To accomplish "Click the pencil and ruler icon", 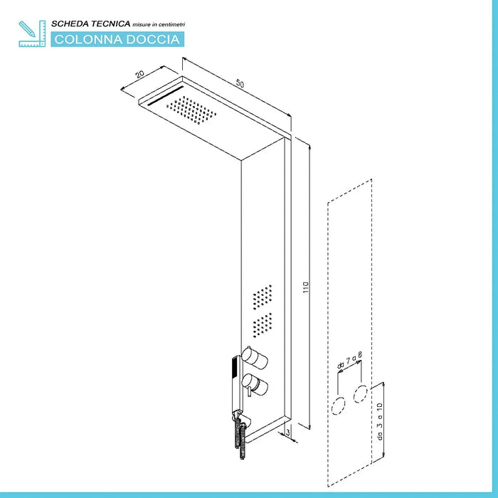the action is [x=32, y=33].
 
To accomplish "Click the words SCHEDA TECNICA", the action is [x=91, y=23].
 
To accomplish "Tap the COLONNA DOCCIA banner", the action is [x=117, y=39].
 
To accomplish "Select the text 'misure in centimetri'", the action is [x=159, y=24].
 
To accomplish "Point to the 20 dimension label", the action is [x=139, y=74].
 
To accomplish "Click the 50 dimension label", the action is [x=240, y=84].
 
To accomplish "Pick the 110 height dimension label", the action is [x=305, y=287].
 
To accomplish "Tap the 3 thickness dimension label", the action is [x=287, y=433].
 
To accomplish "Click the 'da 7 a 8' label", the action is [x=350, y=360].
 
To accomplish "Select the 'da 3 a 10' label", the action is [x=380, y=421].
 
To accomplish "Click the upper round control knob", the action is [x=255, y=358].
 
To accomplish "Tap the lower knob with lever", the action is [x=255, y=384].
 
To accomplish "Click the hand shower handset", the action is [x=236, y=386].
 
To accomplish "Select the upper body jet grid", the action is [x=263, y=297].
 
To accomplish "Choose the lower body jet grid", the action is [x=263, y=325].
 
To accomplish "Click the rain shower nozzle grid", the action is [x=191, y=110].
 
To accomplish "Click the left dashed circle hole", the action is [x=338, y=406].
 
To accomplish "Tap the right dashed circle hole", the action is [x=361, y=394].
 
